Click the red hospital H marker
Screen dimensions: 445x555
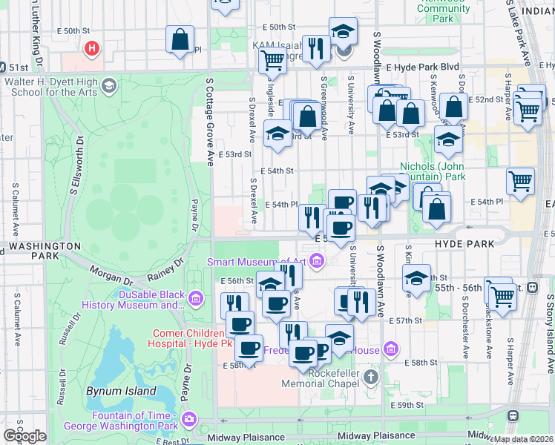[92, 49]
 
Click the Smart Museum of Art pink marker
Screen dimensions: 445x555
[317, 260]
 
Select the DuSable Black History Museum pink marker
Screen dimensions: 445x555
[196, 298]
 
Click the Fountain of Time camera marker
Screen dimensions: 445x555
[189, 420]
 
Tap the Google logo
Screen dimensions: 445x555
[24, 436]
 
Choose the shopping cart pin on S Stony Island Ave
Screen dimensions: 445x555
[503, 294]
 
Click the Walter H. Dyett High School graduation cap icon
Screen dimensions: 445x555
[109, 86]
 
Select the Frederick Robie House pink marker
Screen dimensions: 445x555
[393, 349]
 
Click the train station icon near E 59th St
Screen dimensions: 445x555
[512, 416]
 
